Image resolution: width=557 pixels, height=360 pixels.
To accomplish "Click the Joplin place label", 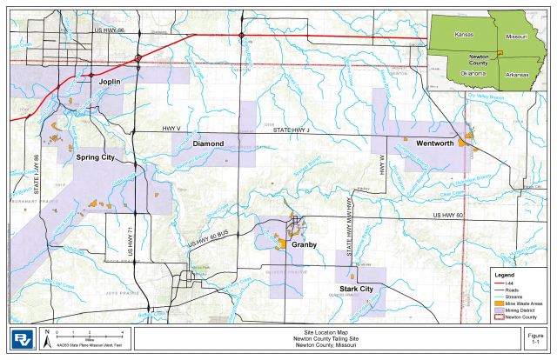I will [x=110, y=81].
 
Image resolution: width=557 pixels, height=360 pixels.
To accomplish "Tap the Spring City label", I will [x=96, y=158].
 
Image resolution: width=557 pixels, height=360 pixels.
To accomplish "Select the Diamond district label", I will [x=209, y=143].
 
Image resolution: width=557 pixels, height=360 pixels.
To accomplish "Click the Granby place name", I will [x=304, y=245].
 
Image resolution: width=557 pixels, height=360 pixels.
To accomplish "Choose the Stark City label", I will [x=356, y=289].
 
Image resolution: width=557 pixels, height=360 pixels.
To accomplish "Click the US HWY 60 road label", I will [x=453, y=215].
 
